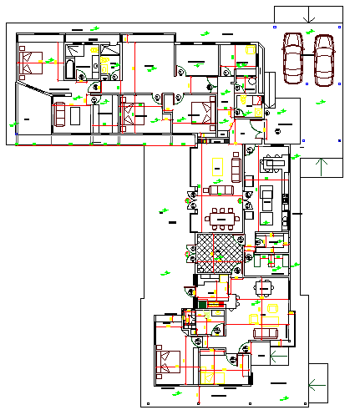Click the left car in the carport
292,58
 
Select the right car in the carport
323,60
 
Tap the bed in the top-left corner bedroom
33,61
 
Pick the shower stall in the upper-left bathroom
107,64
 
